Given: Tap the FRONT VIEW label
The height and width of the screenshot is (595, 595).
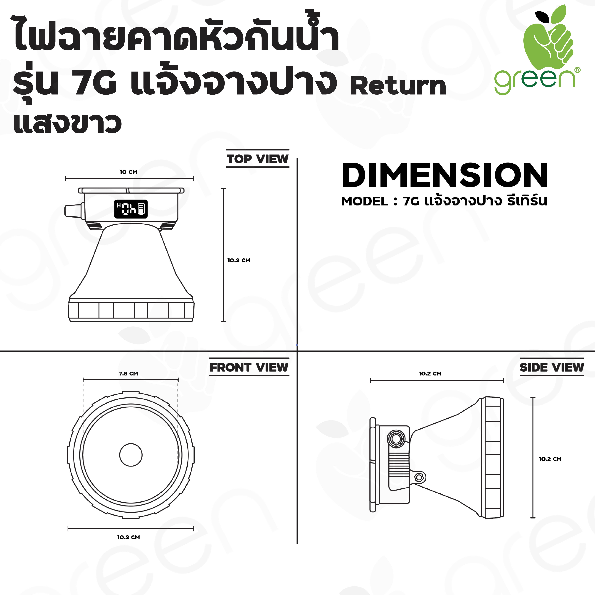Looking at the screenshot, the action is (249, 367).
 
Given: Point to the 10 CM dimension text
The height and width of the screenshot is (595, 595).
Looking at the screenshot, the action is (128, 172).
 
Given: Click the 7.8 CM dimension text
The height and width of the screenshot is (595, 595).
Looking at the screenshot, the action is (128, 374).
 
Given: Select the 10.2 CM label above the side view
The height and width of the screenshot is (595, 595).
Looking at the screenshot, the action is (430, 374).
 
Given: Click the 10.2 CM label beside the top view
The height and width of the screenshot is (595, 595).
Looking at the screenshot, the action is (239, 260).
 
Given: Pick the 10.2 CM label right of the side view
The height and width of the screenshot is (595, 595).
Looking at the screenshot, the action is (550, 459).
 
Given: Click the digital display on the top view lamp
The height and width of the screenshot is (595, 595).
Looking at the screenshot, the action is (131, 209).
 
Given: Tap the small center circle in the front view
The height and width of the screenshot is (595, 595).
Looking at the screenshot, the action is (131, 455).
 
